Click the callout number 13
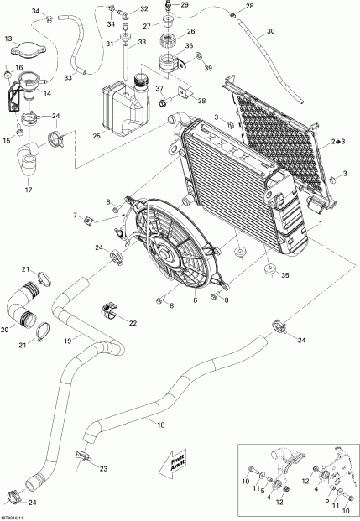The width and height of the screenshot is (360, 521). tap(8, 39)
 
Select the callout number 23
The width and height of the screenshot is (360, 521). tap(102, 469)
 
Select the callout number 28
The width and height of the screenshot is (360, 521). tap(248, 7)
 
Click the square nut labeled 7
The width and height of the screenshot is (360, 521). tap(88, 221)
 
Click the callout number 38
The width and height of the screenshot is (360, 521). tap(201, 100)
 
